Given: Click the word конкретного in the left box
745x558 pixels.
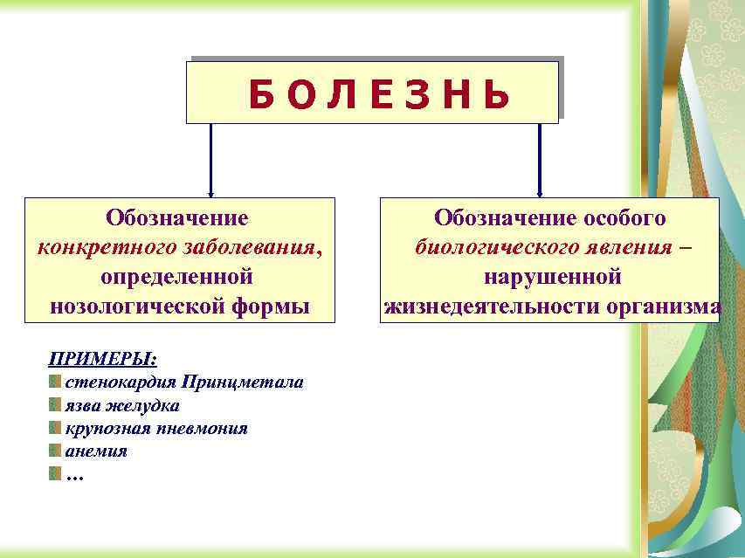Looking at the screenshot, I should pyautogui.click(x=107, y=247).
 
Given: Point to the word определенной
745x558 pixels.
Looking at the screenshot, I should pyautogui.click(x=177, y=277).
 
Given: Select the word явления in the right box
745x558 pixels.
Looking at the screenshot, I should pyautogui.click(x=633, y=247).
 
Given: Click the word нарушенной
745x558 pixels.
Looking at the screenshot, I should pyautogui.click(x=553, y=277).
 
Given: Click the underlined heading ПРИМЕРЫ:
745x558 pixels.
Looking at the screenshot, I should pyautogui.click(x=103, y=359).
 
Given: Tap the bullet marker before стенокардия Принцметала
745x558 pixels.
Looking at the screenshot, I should pyautogui.click(x=55, y=382).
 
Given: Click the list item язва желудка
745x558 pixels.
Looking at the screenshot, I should pyautogui.click(x=122, y=405).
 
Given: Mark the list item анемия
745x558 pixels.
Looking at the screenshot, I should pyautogui.click(x=96, y=451).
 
